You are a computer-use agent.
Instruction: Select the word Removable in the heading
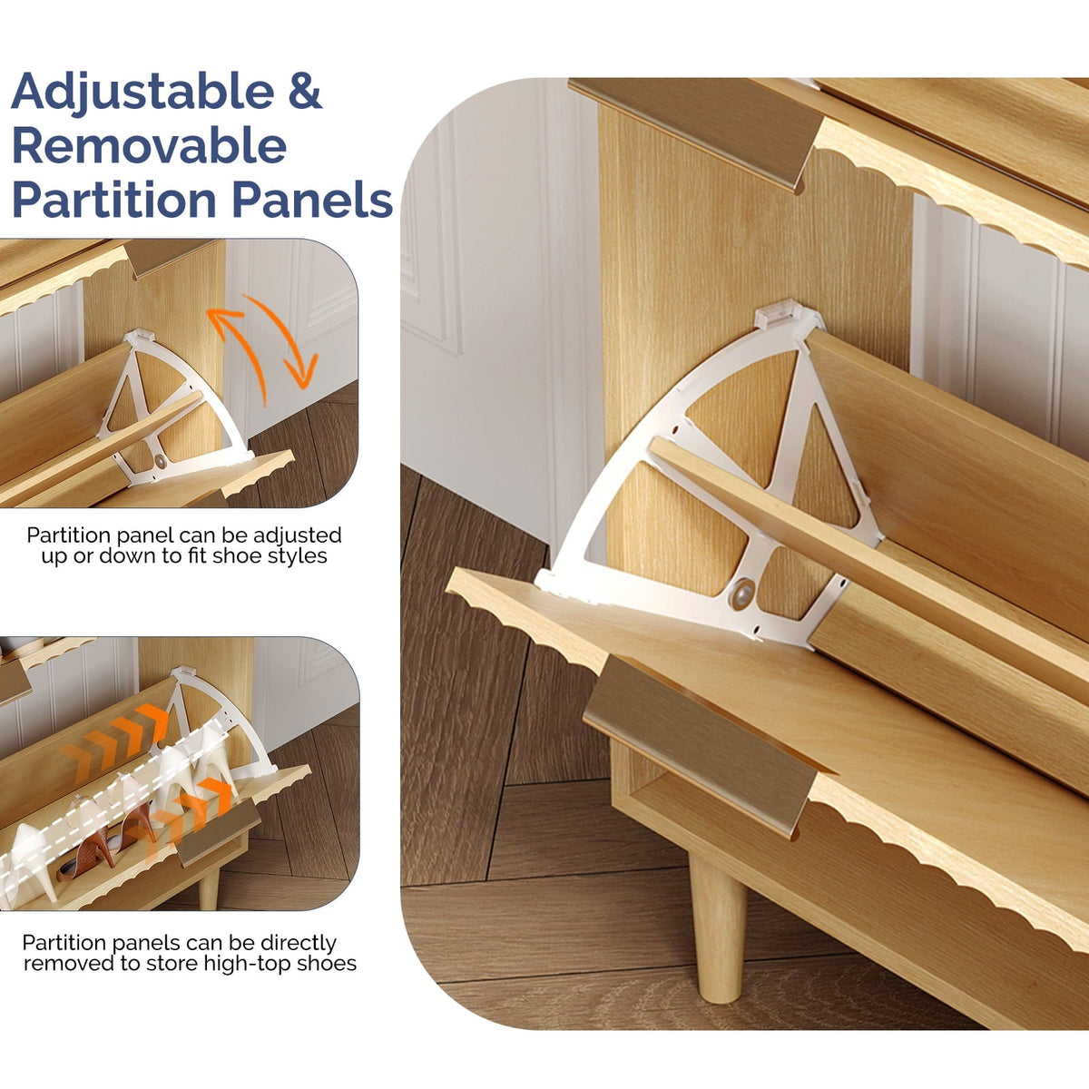[x=149, y=146]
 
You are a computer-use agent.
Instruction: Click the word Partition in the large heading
[x=116, y=200]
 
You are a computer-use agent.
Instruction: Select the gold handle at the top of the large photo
[x=695, y=131]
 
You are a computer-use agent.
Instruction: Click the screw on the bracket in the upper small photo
[x=161, y=462]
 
